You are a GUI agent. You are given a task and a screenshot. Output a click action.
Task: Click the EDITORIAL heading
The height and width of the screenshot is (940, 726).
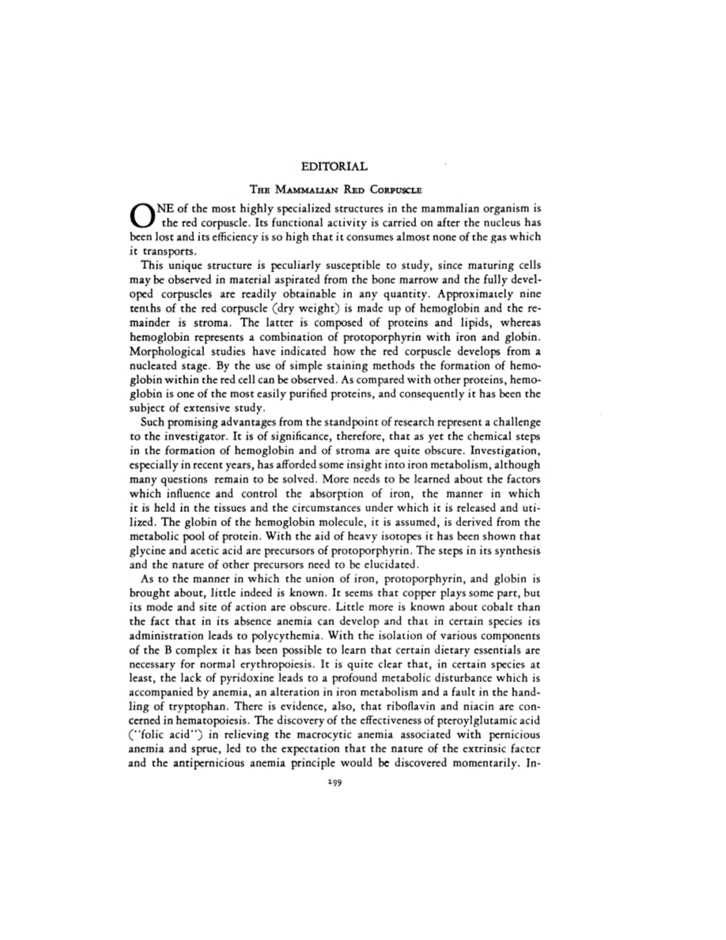tap(335, 167)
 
